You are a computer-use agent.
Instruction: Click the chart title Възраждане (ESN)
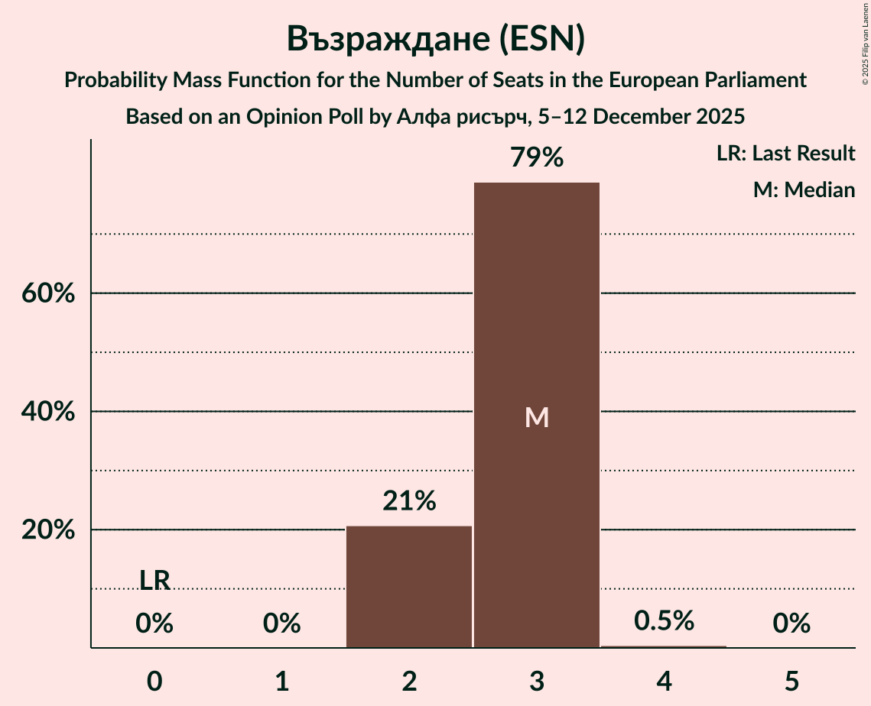(435, 40)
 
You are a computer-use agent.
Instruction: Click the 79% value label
(536, 158)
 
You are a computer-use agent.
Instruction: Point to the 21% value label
(409, 501)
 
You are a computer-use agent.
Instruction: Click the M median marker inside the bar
(536, 417)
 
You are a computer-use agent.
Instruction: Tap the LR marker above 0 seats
(154, 581)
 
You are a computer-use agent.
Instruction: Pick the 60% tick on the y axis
(47, 293)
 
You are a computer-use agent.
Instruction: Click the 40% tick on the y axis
(47, 412)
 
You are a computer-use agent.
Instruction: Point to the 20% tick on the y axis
(47, 529)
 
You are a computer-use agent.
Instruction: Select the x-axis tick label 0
(154, 680)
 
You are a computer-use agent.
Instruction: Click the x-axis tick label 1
(282, 680)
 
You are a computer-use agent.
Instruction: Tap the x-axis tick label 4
(664, 680)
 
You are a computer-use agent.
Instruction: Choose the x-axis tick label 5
(791, 680)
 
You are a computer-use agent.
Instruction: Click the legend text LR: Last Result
(785, 154)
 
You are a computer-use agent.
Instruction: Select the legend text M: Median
(804, 190)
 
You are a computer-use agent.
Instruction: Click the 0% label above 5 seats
(791, 624)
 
